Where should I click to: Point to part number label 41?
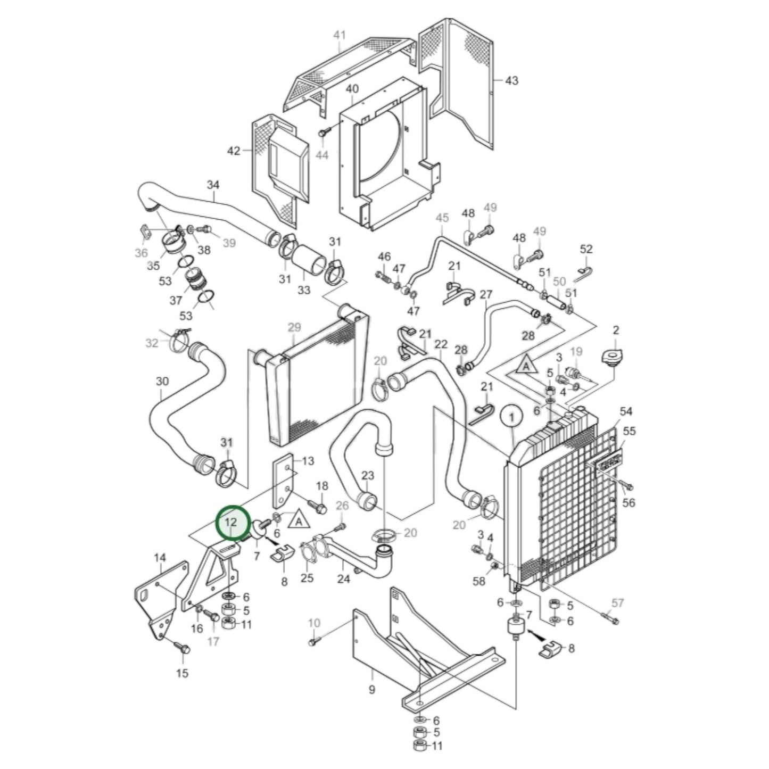339,35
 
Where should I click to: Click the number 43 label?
511,80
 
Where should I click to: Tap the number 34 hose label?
213,185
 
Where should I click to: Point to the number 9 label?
371,690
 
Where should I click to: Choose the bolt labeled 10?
313,643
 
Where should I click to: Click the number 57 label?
617,603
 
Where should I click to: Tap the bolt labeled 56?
626,485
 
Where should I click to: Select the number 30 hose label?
162,381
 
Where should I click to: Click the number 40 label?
352,88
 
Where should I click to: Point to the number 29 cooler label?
294,326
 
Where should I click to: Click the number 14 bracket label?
160,558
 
